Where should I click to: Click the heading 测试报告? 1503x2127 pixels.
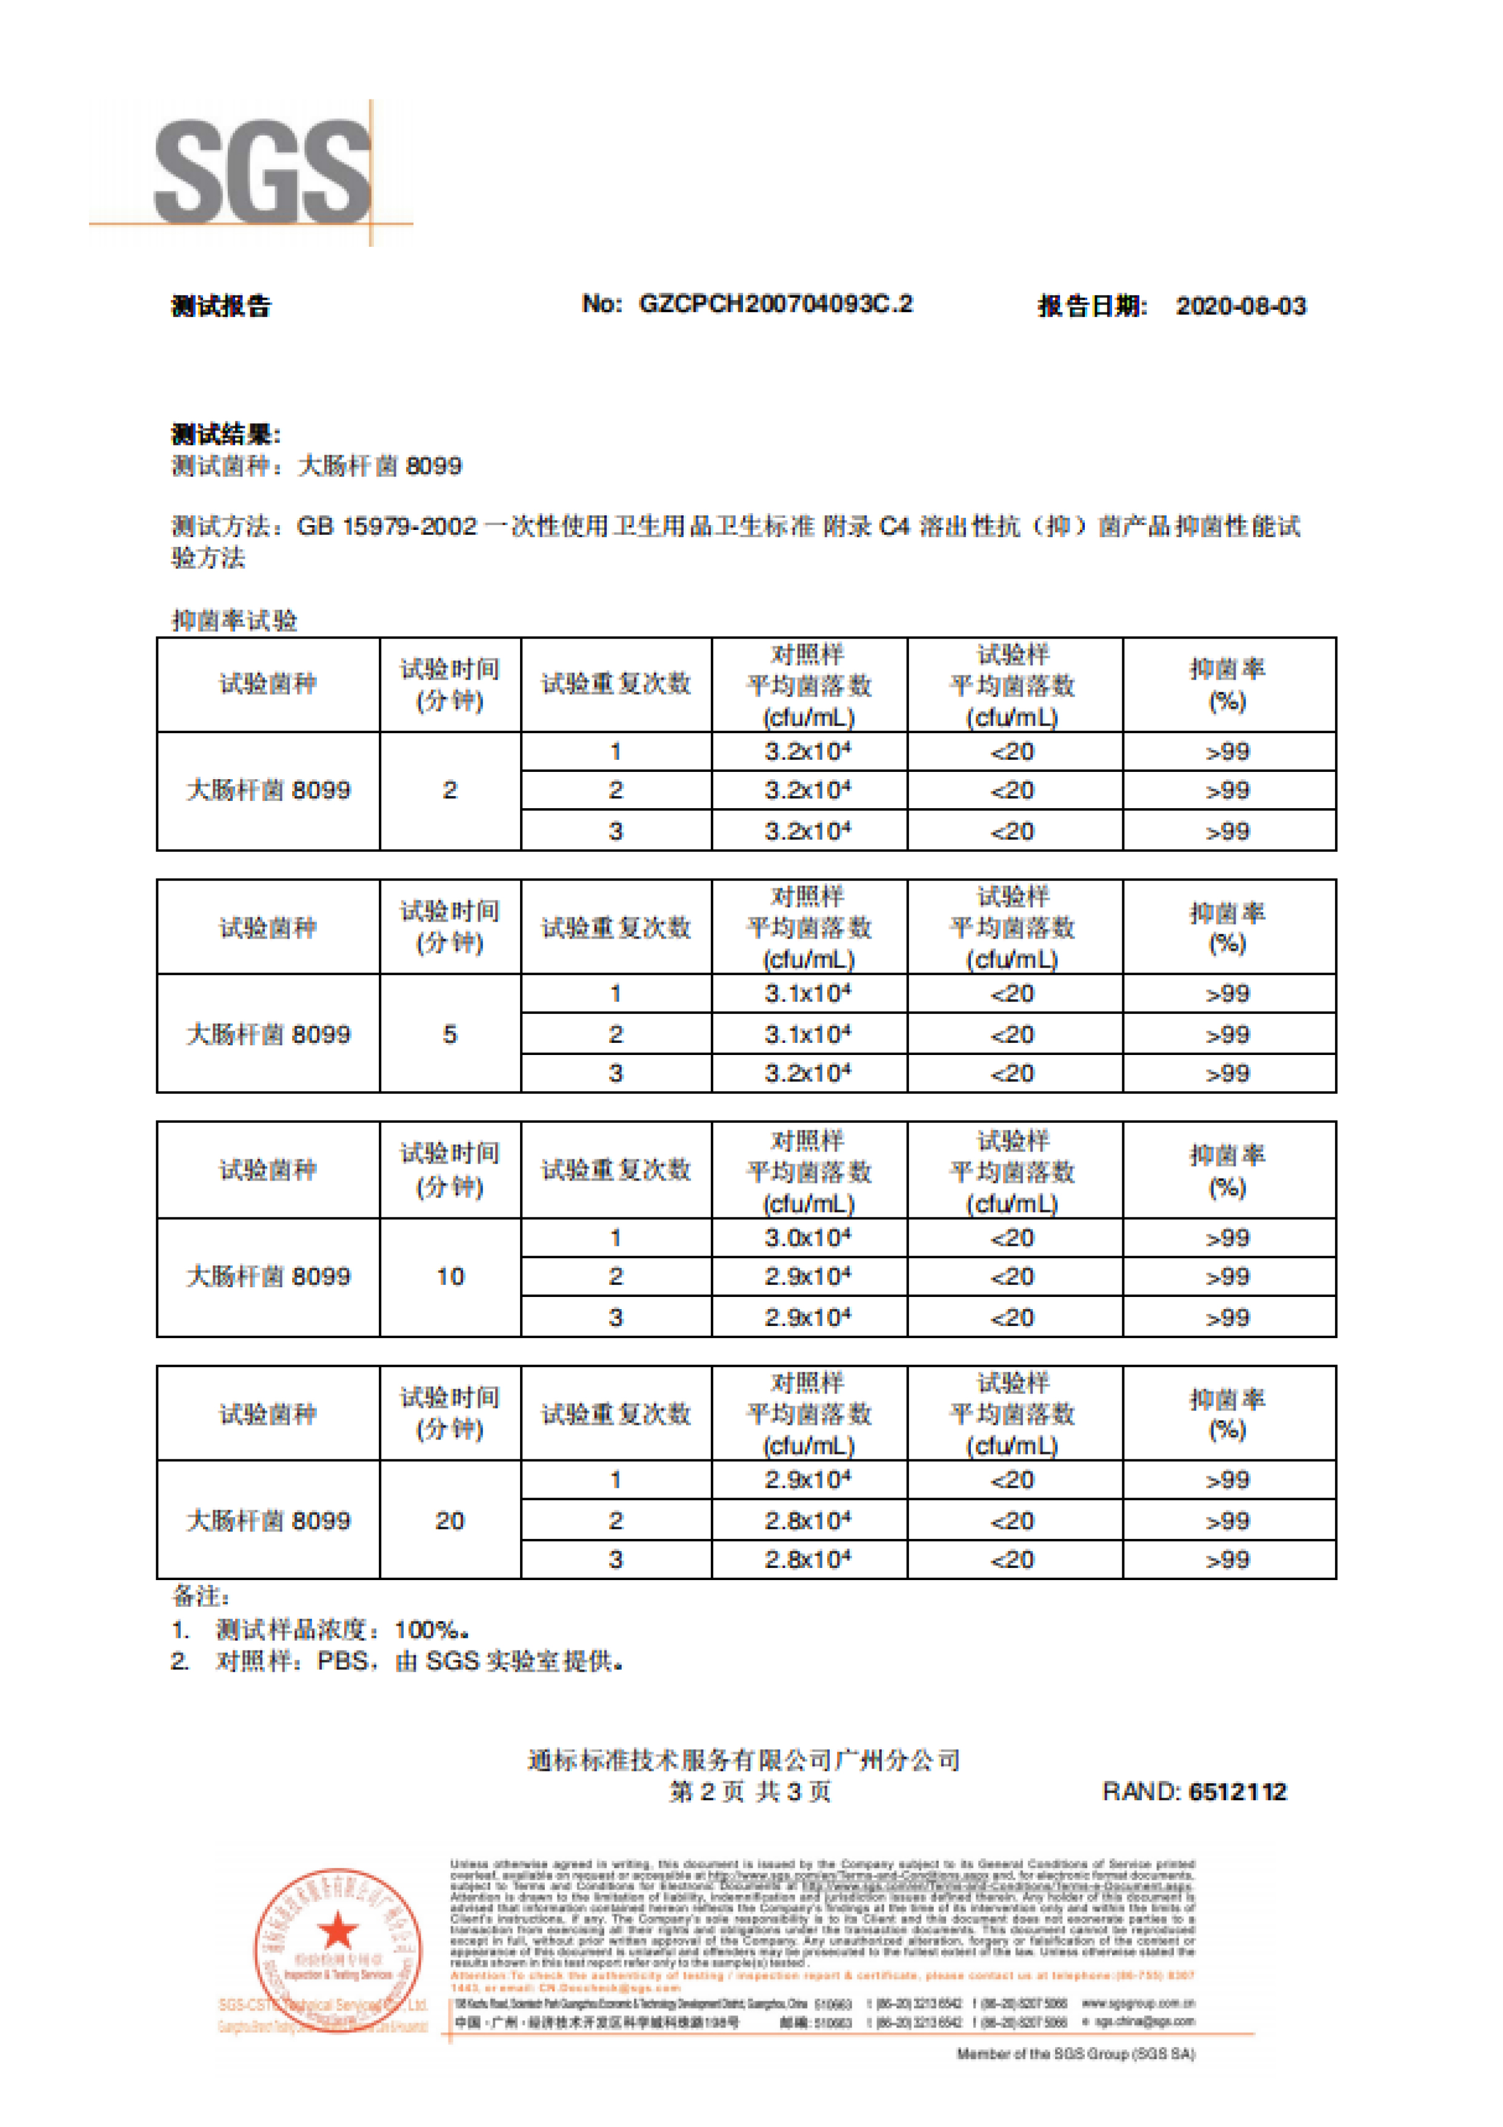pos(221,307)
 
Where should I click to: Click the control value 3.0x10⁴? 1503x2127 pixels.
pos(807,1238)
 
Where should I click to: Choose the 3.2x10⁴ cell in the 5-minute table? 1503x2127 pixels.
pos(807,1074)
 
